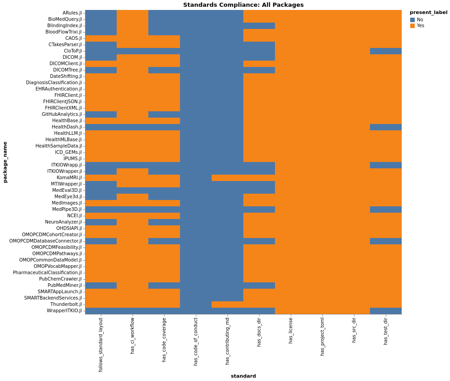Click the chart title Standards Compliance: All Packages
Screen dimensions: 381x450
pyautogui.click(x=243, y=5)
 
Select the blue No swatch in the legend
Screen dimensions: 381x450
pyautogui.click(x=412, y=20)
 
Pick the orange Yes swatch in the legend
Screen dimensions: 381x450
pyautogui.click(x=412, y=26)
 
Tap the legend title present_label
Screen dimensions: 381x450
pyautogui.click(x=428, y=13)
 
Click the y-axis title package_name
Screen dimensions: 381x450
pyautogui.click(x=5, y=162)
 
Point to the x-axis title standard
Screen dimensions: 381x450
pyautogui.click(x=243, y=376)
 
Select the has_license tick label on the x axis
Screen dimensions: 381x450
pyautogui.click(x=291, y=330)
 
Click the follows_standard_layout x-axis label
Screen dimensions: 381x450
pyautogui.click(x=101, y=344)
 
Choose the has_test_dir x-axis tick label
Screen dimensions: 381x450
pyautogui.click(x=386, y=331)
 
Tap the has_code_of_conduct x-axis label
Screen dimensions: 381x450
pyautogui.click(x=196, y=341)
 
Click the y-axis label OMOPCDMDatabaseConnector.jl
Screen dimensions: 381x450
pyautogui.click(x=46, y=241)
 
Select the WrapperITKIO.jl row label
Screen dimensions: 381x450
pyautogui.click(x=65, y=311)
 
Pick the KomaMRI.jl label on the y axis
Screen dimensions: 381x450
pyautogui.click(x=69, y=178)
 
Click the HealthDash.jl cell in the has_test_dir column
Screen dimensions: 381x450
pyautogui.click(x=386, y=127)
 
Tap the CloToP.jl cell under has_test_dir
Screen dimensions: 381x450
pyautogui.click(x=386, y=51)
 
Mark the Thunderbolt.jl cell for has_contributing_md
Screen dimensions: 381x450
pyautogui.click(x=227, y=305)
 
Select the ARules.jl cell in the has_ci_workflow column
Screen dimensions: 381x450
pyautogui.click(x=133, y=13)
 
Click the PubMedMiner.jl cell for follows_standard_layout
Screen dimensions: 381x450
pyautogui.click(x=101, y=286)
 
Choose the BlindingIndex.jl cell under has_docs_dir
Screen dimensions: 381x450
pyautogui.click(x=259, y=26)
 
